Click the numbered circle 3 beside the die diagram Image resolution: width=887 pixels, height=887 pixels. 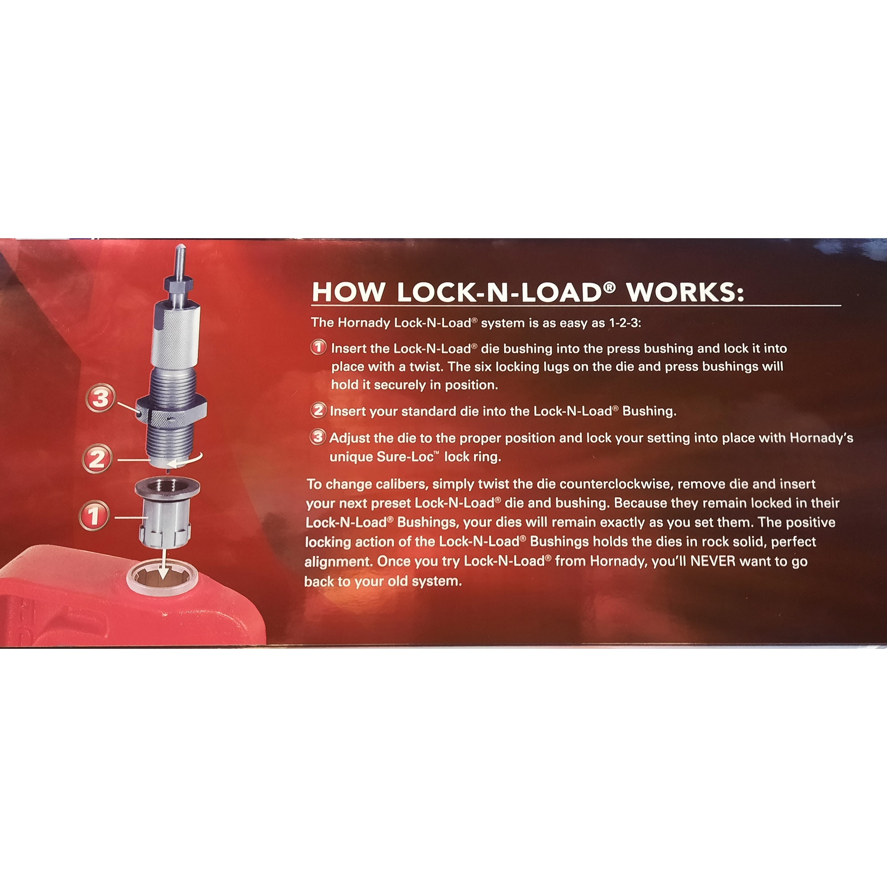click(100, 397)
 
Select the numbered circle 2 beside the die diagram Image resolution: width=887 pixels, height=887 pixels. click(97, 459)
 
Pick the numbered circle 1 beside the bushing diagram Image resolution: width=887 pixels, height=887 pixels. click(94, 515)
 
